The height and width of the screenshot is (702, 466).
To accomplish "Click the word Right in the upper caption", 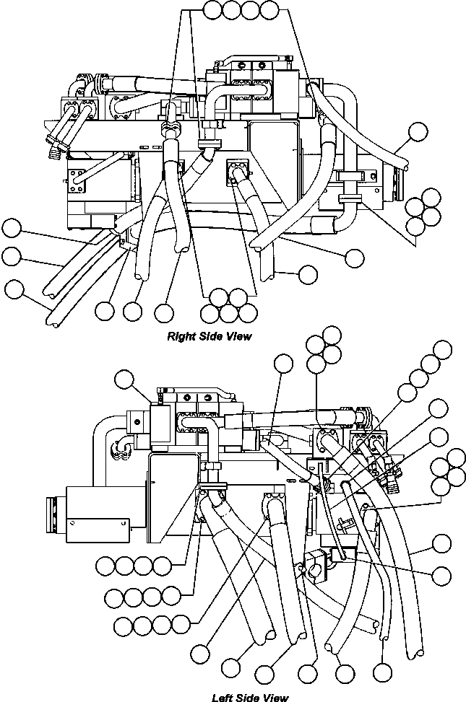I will (179, 336).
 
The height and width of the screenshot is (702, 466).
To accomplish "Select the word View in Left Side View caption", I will (275, 697).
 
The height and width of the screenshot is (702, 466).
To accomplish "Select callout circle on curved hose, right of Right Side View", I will (418, 131).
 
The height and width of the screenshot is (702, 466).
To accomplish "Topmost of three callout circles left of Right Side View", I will (11, 228).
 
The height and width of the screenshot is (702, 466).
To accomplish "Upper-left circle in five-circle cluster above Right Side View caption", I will (218, 297).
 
